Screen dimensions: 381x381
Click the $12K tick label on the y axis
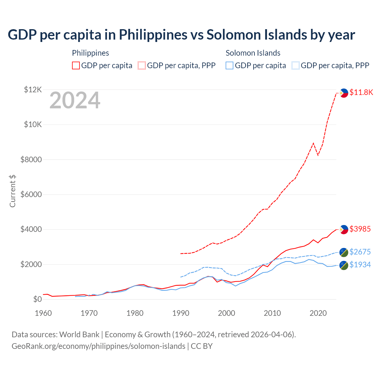33,90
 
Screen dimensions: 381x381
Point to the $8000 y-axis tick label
31,160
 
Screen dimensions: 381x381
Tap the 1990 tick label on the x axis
181,313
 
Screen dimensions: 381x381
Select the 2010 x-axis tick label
272,313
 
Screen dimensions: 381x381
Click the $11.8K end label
361,92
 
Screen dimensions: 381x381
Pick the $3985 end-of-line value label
360,229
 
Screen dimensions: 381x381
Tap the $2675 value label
360,252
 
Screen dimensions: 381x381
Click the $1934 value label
360,265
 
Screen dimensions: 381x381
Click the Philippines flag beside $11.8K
344,93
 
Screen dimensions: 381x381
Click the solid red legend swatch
76,65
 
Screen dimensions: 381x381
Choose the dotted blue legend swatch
296,65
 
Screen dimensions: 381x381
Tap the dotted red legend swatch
142,65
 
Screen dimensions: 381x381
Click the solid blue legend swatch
229,65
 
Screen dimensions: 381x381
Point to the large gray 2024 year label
75,101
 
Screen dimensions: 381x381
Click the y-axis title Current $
13,191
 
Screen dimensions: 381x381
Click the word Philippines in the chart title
153,35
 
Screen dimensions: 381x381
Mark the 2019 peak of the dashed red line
313,143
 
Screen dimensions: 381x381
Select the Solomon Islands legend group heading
253,53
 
